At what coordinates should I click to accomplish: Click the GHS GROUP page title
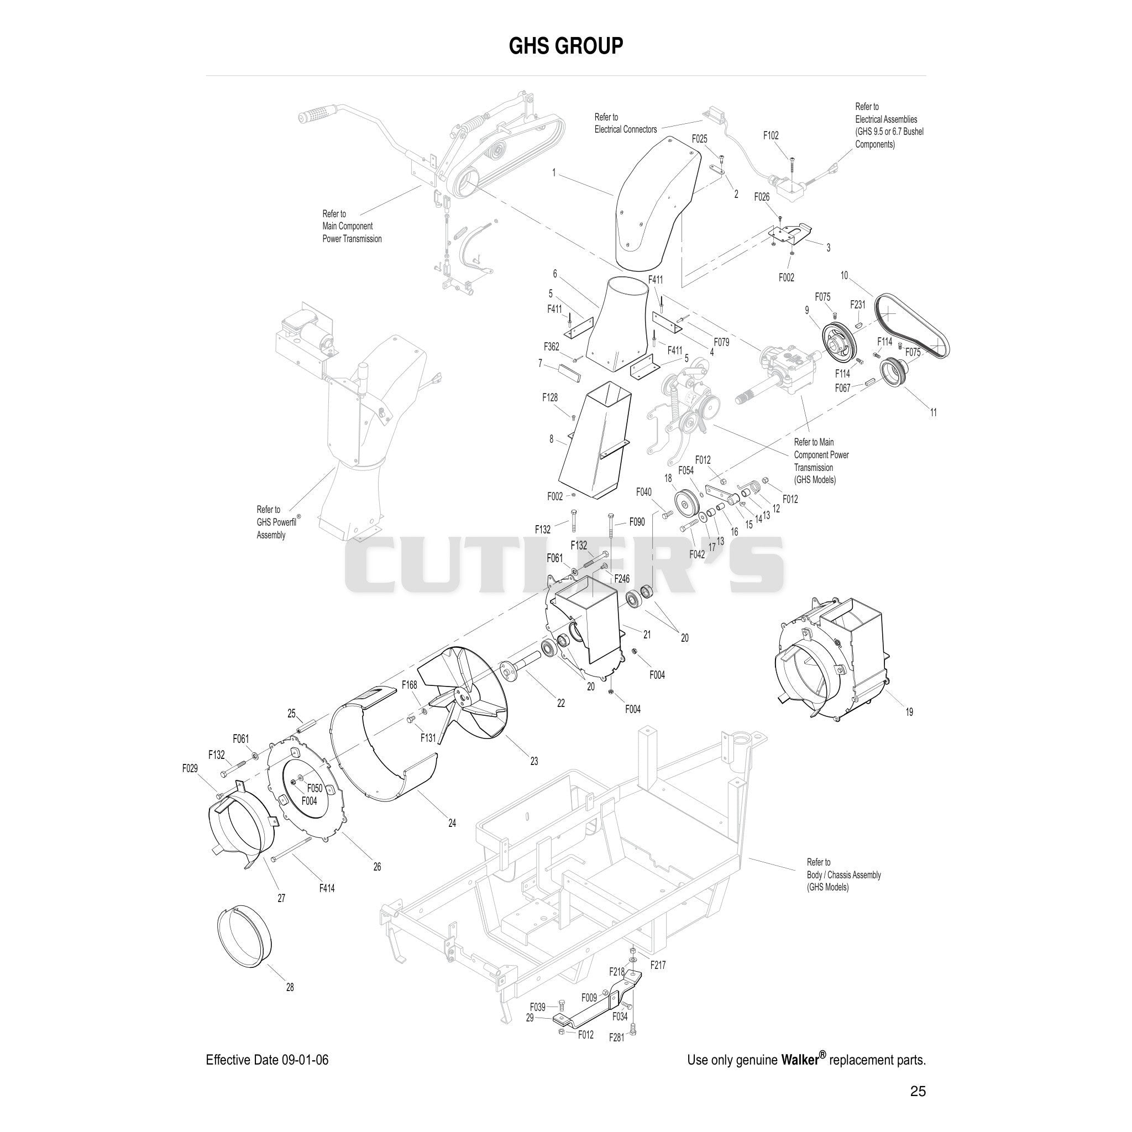[x=565, y=46]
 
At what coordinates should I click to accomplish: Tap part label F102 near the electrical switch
[x=771, y=135]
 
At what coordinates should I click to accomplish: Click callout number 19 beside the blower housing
[x=909, y=712]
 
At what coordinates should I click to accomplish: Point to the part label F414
[x=327, y=888]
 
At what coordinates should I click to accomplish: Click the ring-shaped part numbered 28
[x=244, y=944]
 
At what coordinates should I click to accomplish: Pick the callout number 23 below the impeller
[x=534, y=761]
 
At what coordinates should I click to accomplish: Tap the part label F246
[x=622, y=579]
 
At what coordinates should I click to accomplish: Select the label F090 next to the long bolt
[x=637, y=521]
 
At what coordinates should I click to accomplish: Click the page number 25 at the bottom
[x=918, y=1091]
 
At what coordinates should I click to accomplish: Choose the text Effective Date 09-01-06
[x=267, y=1060]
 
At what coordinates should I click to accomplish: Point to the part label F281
[x=616, y=1037]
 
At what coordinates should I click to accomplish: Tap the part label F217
[x=658, y=965]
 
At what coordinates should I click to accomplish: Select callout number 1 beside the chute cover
[x=554, y=173]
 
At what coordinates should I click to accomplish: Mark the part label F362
[x=551, y=346]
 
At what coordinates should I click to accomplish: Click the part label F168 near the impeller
[x=409, y=685]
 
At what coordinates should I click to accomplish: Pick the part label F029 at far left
[x=190, y=768]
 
